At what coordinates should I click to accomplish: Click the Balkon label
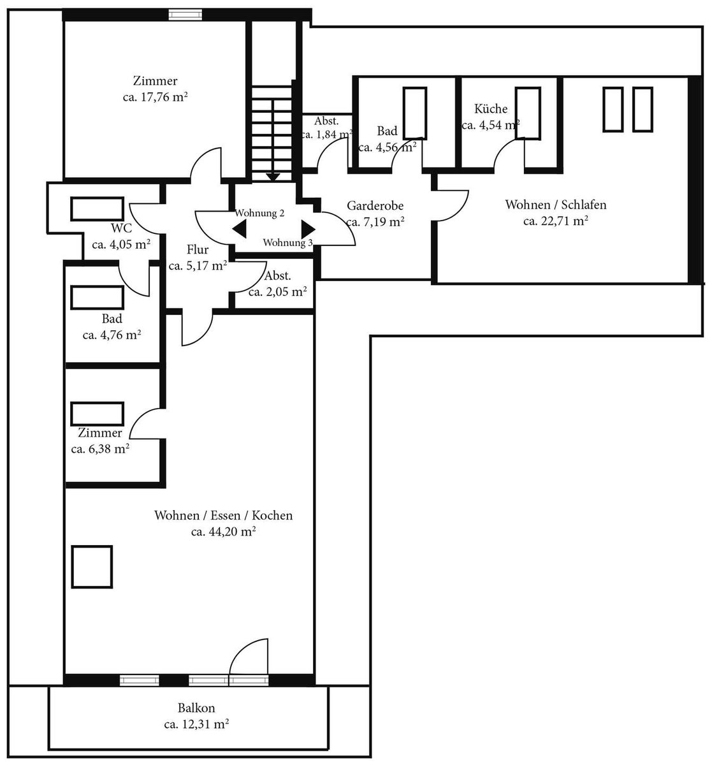coord(196,708)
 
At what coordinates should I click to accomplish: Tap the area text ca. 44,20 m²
coord(224,532)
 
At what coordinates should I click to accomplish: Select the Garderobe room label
coord(375,206)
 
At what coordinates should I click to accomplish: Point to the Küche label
coord(490,109)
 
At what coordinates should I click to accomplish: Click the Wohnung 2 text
coord(259,213)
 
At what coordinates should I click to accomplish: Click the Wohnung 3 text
coord(287,243)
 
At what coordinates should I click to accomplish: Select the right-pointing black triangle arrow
coord(309,229)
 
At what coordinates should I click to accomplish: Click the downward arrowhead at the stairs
coord(273,177)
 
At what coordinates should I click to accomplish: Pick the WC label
coord(121,228)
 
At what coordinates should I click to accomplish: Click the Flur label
coord(198,250)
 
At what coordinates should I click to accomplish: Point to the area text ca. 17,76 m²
coord(156,97)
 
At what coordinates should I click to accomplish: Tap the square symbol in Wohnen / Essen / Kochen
coord(92,567)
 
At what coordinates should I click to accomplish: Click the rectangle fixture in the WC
coord(97,208)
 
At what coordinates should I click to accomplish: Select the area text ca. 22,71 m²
coord(556,221)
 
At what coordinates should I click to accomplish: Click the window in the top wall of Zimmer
coord(185,15)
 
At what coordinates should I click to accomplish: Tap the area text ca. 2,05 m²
coord(277,292)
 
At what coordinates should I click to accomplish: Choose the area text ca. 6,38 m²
coord(100,449)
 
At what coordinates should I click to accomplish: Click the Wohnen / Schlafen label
coord(556,205)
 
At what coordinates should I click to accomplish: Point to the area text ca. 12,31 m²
coord(196,725)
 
